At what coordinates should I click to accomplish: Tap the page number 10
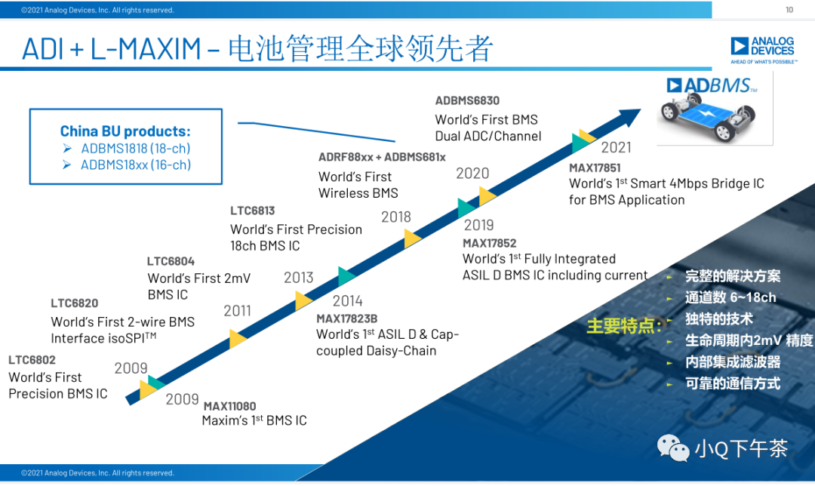click(789, 10)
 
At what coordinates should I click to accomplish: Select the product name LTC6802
click(32, 360)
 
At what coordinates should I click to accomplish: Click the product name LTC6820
click(75, 303)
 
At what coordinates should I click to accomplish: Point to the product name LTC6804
click(171, 260)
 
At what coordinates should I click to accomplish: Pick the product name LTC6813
click(253, 211)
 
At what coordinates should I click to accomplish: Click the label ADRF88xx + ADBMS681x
click(382, 157)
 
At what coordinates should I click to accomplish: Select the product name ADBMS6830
click(467, 100)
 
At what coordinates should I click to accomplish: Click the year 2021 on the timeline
click(616, 146)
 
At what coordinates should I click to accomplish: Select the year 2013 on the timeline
click(298, 278)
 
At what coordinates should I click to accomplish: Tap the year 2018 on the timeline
click(396, 217)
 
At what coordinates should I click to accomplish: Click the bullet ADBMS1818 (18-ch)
click(136, 148)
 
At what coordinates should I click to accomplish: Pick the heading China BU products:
click(125, 131)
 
